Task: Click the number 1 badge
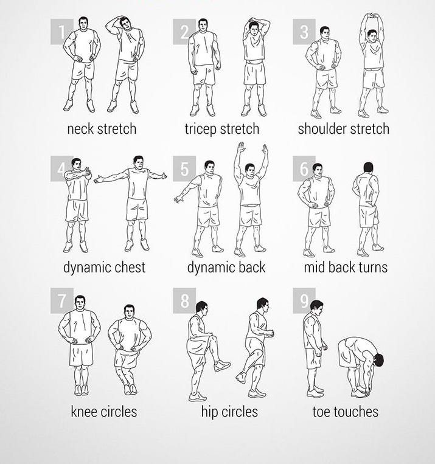(61, 32)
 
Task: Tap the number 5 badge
(184, 168)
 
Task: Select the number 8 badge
(184, 300)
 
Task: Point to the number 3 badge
(304, 32)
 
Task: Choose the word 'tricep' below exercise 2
(201, 130)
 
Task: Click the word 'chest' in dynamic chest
(130, 267)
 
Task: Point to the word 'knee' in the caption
(84, 412)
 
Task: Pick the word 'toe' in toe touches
(321, 412)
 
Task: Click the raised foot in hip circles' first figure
(222, 365)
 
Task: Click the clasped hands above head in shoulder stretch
(372, 15)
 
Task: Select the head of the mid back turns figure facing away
(368, 167)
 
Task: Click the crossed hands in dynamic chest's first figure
(86, 173)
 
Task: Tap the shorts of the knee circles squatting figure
(127, 358)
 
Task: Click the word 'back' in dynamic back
(252, 267)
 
